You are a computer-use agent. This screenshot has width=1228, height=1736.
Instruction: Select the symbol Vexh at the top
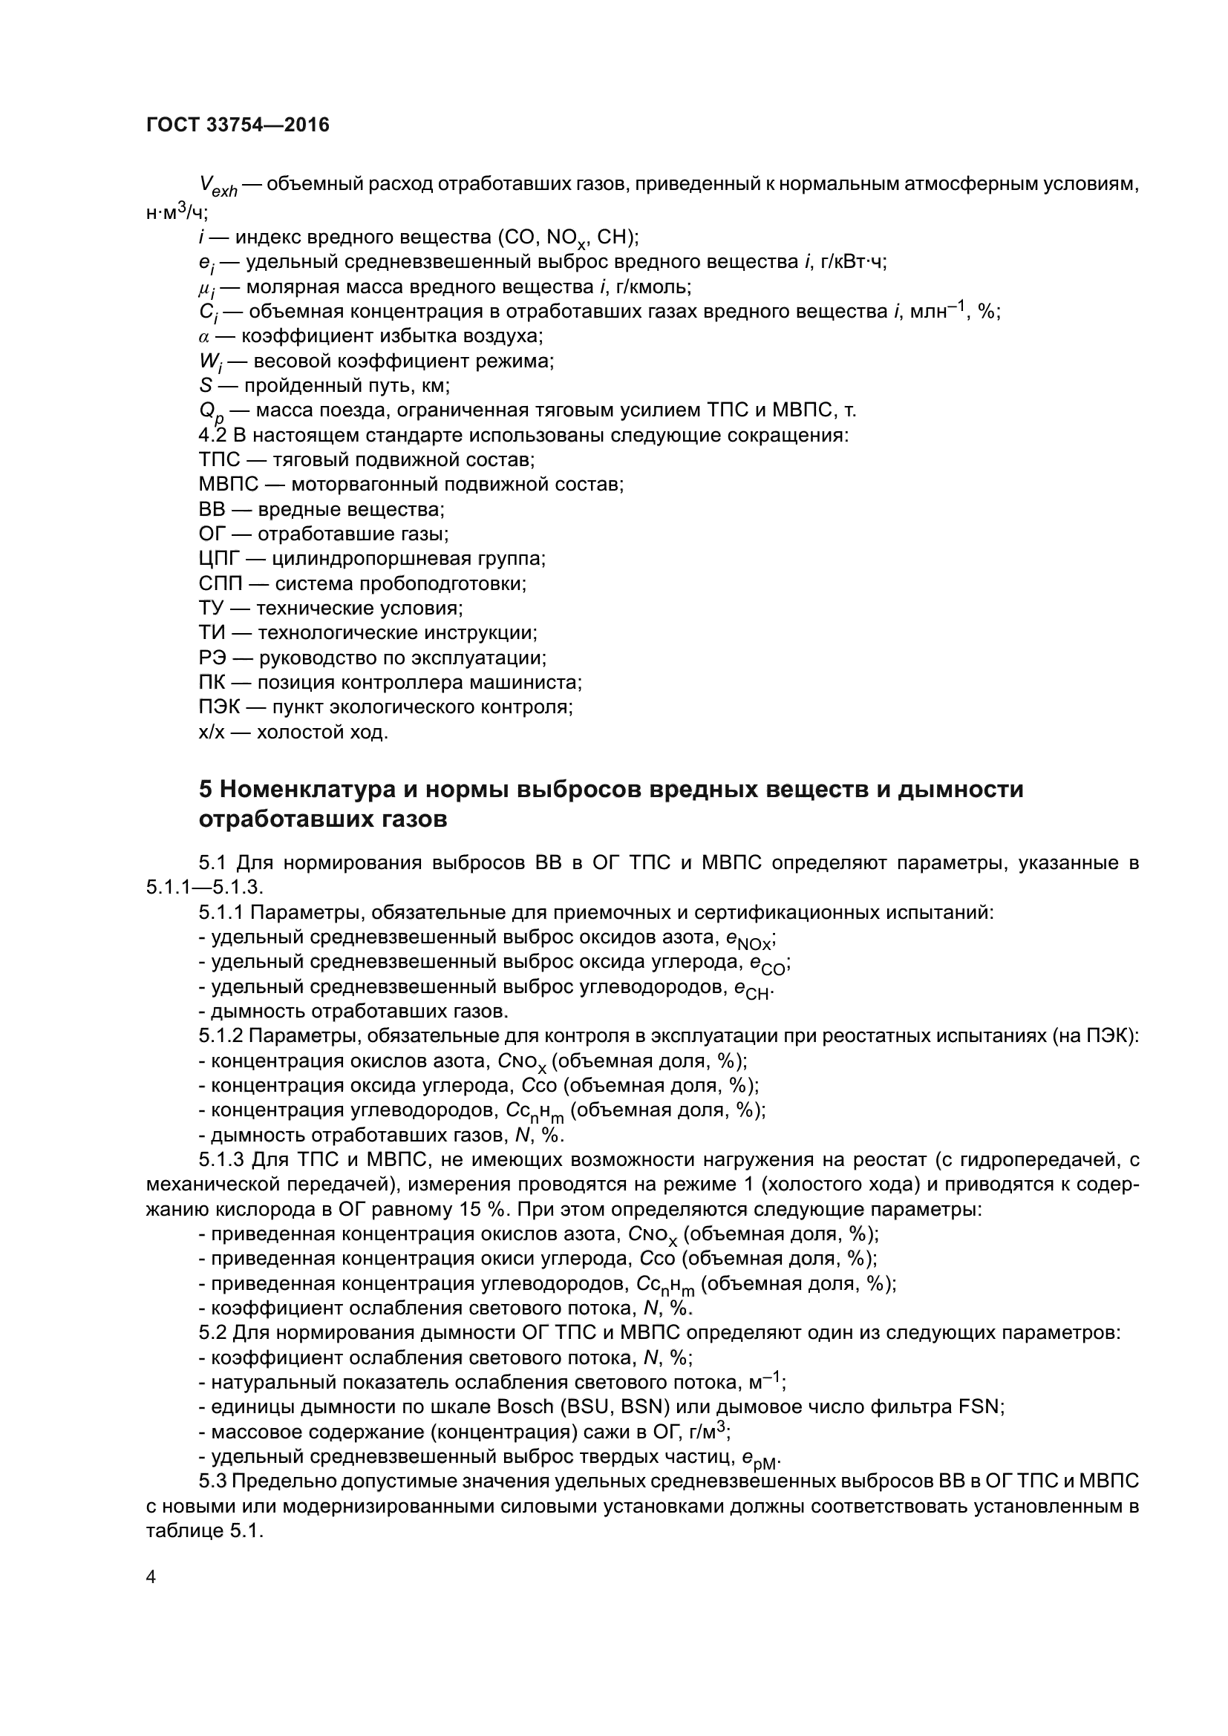click(x=218, y=186)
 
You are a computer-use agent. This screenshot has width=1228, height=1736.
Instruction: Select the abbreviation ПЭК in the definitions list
click(x=218, y=707)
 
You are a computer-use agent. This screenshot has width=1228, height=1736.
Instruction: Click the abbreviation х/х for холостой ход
click(x=211, y=732)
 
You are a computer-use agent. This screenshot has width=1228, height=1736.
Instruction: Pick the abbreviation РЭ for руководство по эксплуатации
click(x=212, y=658)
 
